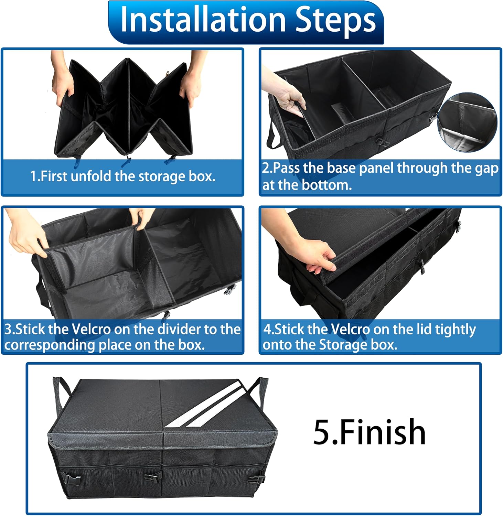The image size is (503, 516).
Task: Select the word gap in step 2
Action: (x=486, y=169)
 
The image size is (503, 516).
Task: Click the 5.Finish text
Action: (x=369, y=431)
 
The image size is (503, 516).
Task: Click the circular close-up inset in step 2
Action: (x=467, y=122)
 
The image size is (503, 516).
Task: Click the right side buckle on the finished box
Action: (x=257, y=479)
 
